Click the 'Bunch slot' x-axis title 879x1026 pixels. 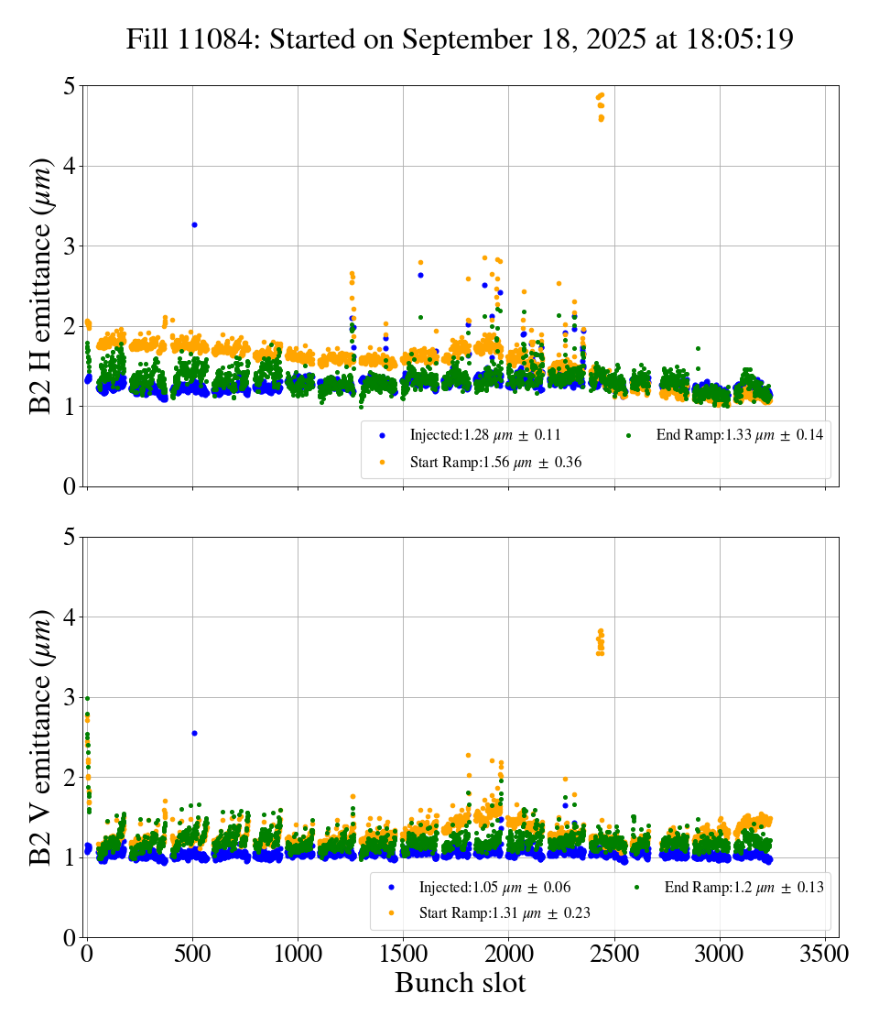460,984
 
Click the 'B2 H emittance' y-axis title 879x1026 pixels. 41,286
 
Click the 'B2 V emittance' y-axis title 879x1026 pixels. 41,737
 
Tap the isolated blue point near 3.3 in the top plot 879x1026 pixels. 194,224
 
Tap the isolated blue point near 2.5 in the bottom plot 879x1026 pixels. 194,733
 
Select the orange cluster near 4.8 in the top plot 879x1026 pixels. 601,106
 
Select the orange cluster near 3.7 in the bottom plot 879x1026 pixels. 601,641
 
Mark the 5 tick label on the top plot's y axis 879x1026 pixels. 69,86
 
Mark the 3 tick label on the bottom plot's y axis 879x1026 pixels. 69,697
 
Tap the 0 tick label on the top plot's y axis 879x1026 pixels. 69,486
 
